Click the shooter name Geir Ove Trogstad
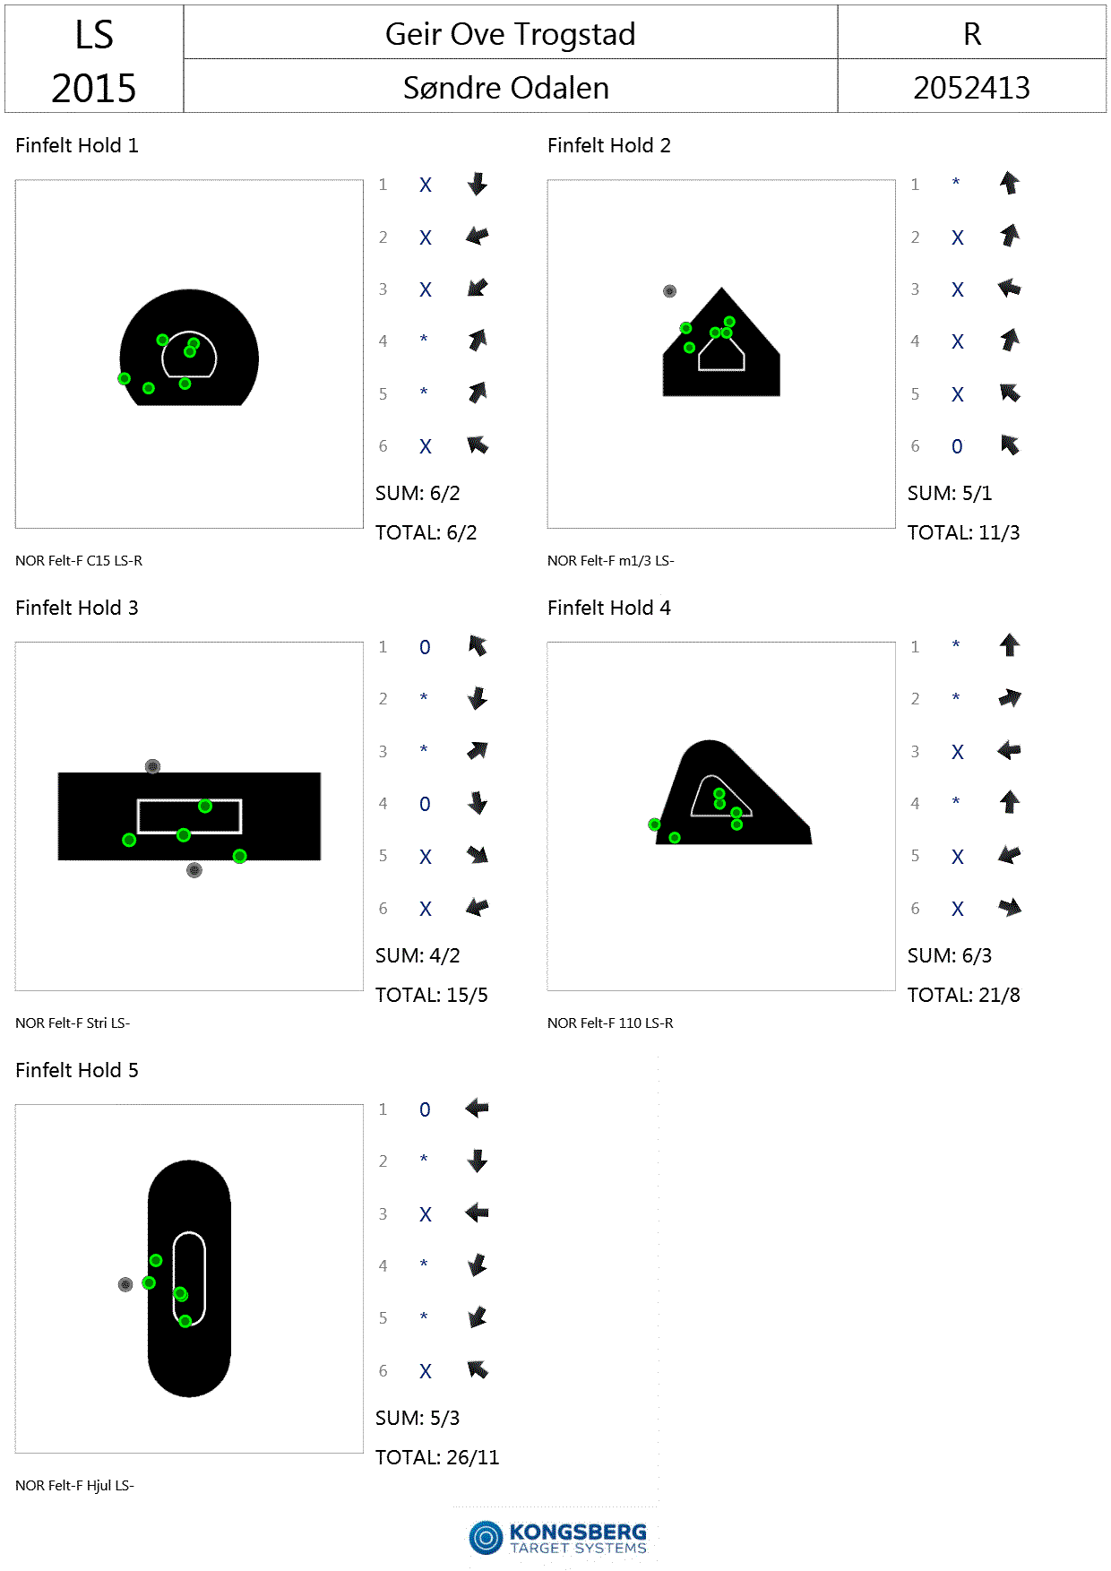pyautogui.click(x=510, y=34)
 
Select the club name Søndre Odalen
pyautogui.click(x=506, y=88)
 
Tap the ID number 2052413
pyautogui.click(x=971, y=88)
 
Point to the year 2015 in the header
pyautogui.click(x=93, y=88)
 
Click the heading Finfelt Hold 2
pyautogui.click(x=609, y=145)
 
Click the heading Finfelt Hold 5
pyautogui.click(x=77, y=1070)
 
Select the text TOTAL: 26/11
pyautogui.click(x=437, y=1457)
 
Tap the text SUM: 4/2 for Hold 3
pyautogui.click(x=418, y=955)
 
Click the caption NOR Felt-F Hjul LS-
pyautogui.click(x=74, y=1485)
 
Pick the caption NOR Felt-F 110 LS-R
pyautogui.click(x=610, y=1023)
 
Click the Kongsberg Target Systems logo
pyautogui.click(x=557, y=1538)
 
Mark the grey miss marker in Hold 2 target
pyautogui.click(x=669, y=291)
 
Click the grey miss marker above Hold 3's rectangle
pyautogui.click(x=152, y=766)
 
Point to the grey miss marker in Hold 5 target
pyautogui.click(x=125, y=1284)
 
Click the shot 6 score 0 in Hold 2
pyautogui.click(x=957, y=446)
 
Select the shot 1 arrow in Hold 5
pyautogui.click(x=477, y=1109)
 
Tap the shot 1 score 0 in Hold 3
pyautogui.click(x=425, y=647)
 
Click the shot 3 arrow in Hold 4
pyautogui.click(x=1009, y=750)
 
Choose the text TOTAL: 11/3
pyautogui.click(x=964, y=532)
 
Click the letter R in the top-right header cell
pyautogui.click(x=972, y=34)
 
